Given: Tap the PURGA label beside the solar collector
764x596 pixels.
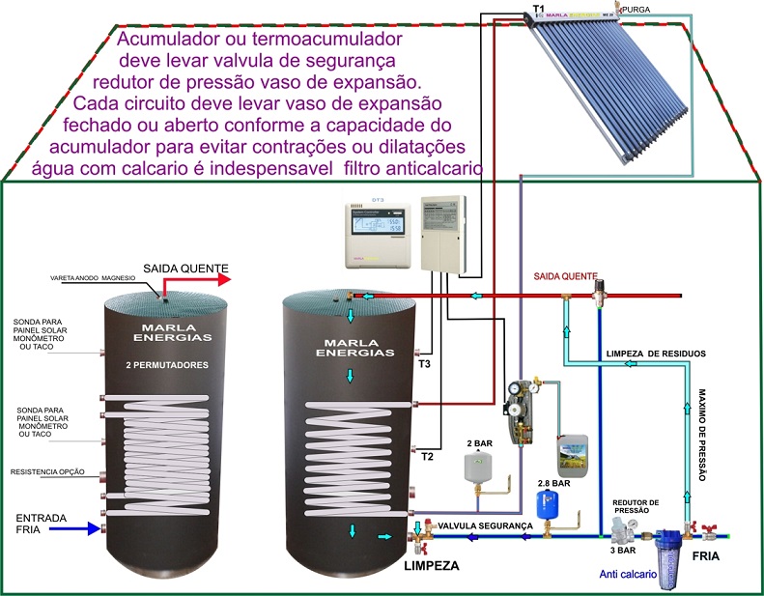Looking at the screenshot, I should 638,9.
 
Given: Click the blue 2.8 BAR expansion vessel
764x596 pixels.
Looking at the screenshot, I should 550,503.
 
